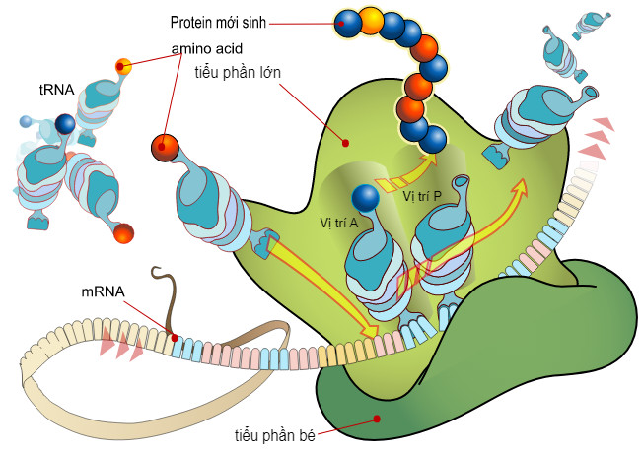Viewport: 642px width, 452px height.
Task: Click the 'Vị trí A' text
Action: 339,222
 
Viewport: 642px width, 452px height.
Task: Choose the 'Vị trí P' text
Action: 421,195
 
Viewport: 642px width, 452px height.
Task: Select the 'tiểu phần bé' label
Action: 272,434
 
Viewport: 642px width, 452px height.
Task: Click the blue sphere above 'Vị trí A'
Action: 365,198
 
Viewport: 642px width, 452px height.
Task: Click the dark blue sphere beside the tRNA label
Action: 65,124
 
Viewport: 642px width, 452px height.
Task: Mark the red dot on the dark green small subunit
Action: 378,419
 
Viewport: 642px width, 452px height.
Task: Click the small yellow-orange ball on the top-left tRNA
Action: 123,67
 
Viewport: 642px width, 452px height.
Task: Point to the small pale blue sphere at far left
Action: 26,121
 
